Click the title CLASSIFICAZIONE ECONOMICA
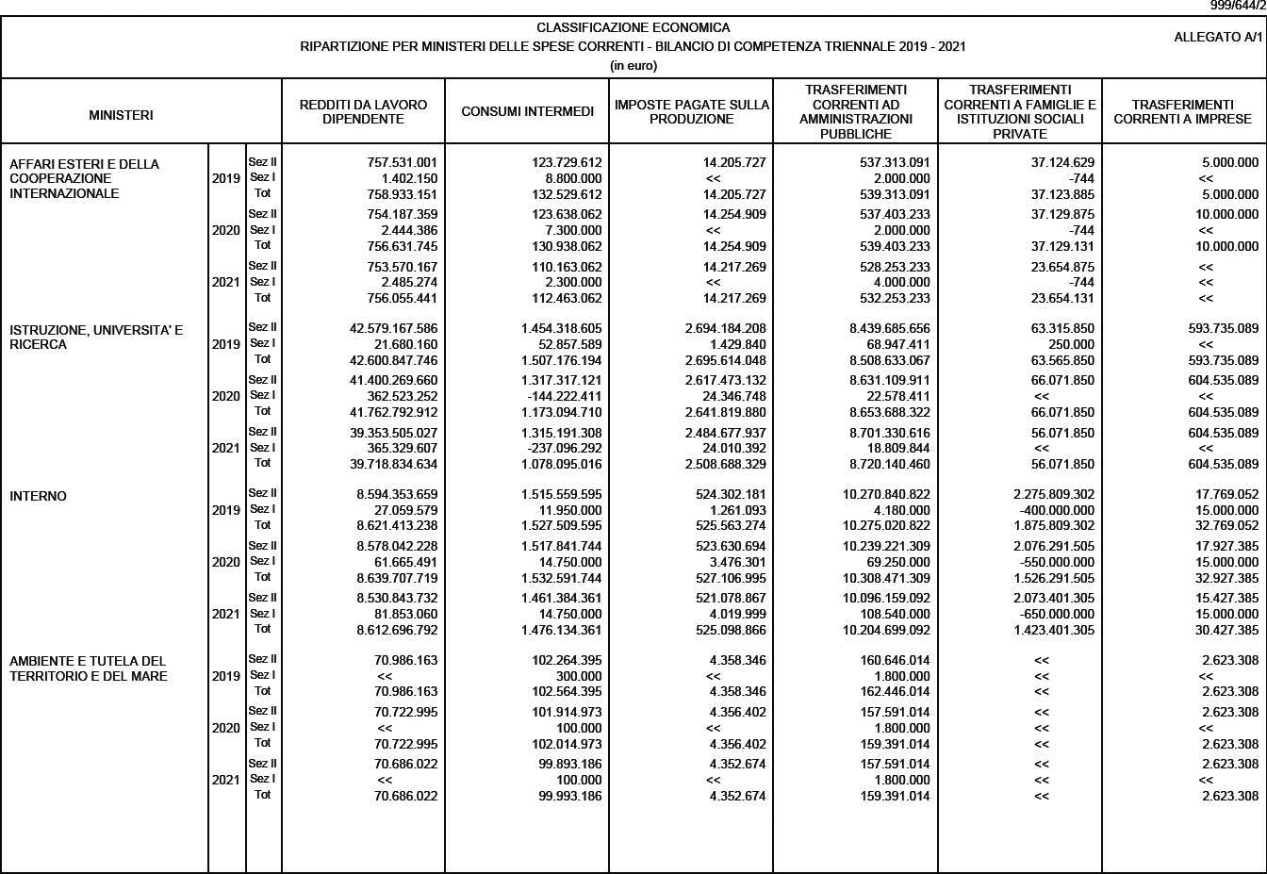click(633, 27)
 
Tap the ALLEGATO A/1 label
click(1217, 38)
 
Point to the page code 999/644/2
click(1237, 6)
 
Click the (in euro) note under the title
click(633, 65)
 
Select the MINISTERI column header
click(121, 115)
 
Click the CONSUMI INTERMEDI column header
click(527, 112)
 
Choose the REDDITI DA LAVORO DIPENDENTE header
click(363, 112)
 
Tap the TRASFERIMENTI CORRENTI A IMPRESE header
click(1182, 112)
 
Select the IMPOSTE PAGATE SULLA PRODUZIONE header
click(691, 112)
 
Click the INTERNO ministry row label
click(38, 497)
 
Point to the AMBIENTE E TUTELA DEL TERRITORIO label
click(88, 668)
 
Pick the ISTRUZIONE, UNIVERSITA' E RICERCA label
click(96, 337)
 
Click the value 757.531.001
click(402, 162)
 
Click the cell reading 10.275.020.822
click(886, 525)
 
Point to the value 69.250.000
click(897, 562)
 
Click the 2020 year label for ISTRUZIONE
click(225, 396)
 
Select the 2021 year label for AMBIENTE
click(225, 780)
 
